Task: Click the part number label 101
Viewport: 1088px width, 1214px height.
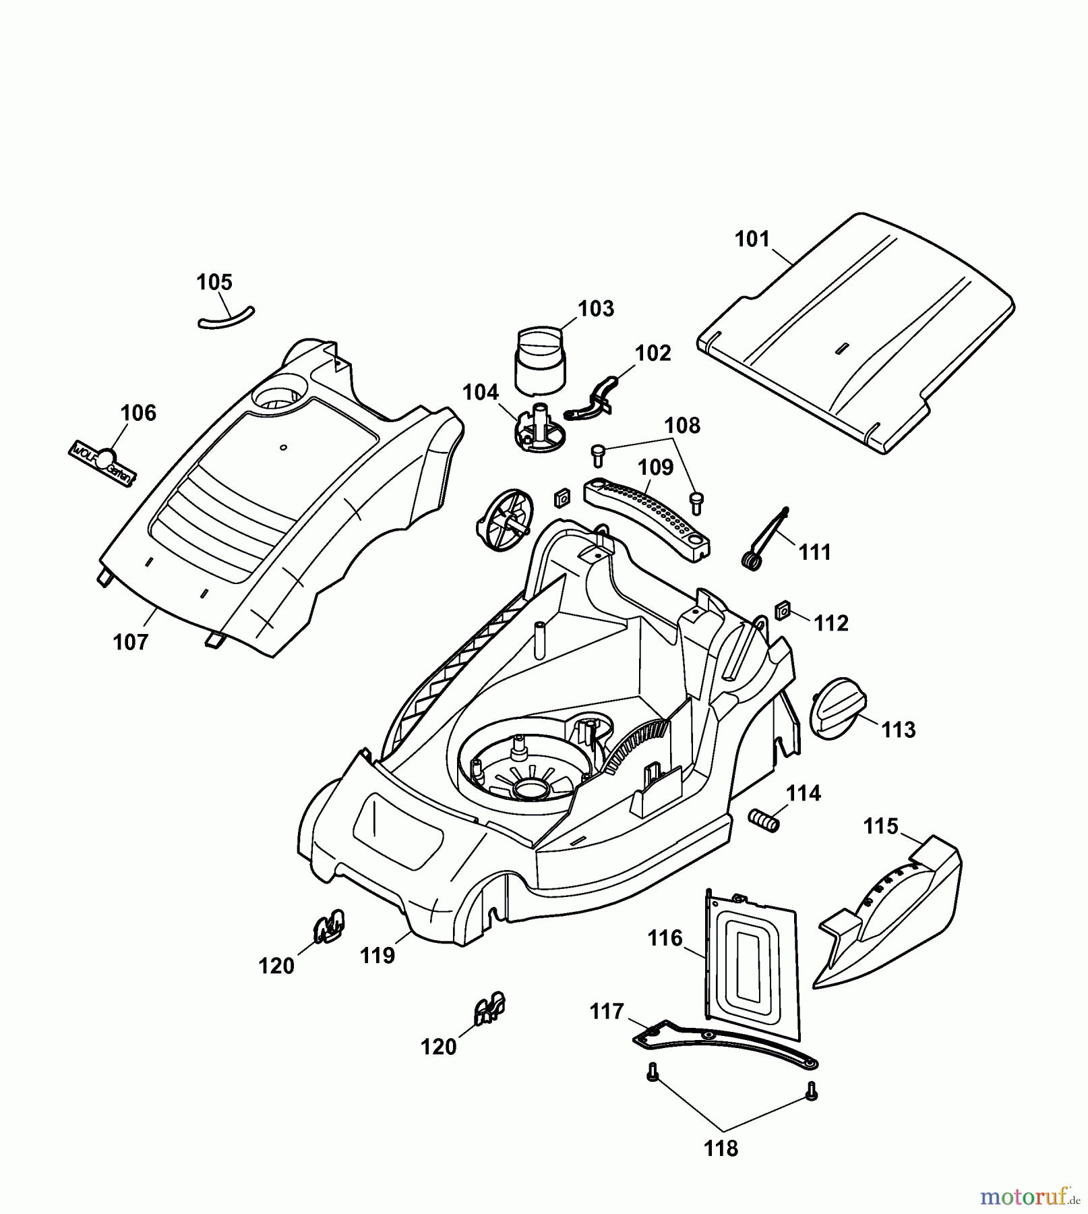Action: [752, 239]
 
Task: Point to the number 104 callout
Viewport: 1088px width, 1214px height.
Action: [481, 393]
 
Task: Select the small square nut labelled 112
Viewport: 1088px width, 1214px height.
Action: [783, 610]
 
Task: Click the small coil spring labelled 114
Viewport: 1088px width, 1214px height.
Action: [764, 820]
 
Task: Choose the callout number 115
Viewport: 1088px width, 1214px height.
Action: [881, 826]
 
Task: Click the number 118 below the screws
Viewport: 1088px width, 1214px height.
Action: [721, 1149]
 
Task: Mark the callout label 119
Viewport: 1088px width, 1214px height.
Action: [377, 955]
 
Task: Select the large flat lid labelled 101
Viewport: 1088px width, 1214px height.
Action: [856, 330]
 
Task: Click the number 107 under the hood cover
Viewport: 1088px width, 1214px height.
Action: [130, 642]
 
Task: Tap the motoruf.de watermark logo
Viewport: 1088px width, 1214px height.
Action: [1028, 1197]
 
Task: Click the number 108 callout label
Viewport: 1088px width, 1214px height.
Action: [682, 426]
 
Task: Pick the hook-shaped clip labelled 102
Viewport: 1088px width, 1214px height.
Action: [595, 403]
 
